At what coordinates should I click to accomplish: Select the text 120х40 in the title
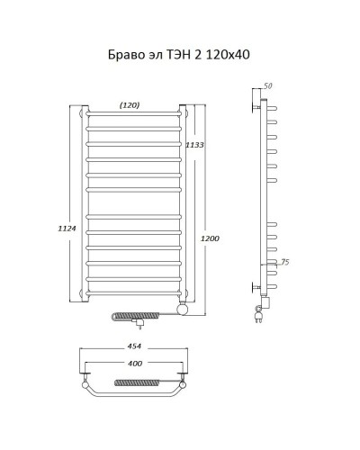[x=226, y=55]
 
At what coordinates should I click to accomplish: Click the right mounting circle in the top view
[x=183, y=389]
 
